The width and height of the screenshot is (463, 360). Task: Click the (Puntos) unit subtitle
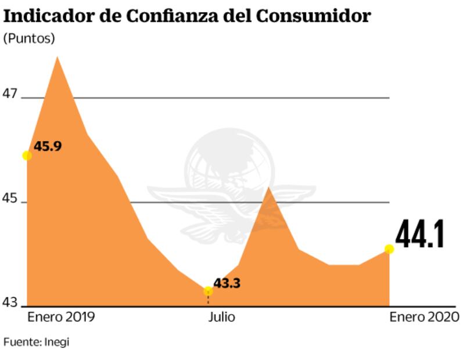tap(29, 38)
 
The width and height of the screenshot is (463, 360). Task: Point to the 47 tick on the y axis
tap(11, 94)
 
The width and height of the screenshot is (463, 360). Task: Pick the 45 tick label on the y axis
tap(11, 199)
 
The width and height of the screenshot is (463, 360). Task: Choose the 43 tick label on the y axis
tap(11, 303)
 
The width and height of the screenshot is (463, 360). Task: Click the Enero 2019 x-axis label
tap(61, 318)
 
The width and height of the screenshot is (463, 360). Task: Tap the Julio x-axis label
tap(221, 318)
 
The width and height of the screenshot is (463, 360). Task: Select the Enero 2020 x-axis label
tap(424, 318)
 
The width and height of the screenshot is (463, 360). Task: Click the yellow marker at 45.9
tap(27, 155)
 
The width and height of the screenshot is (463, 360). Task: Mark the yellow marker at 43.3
tap(208, 291)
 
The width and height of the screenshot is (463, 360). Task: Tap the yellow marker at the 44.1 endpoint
tap(389, 249)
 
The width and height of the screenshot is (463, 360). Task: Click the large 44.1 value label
tap(420, 235)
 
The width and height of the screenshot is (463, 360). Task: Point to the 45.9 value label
tap(48, 146)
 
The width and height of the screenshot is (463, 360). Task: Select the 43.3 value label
tap(227, 283)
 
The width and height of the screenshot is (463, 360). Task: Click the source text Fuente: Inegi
tap(36, 342)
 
